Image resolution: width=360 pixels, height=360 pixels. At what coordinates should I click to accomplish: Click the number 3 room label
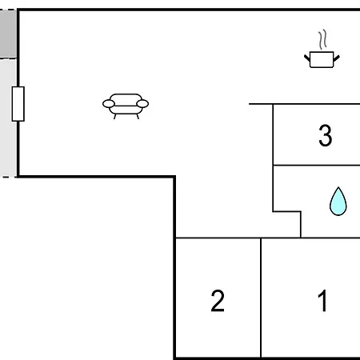coord(326,135)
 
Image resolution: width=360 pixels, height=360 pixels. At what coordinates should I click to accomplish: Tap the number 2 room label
coord(218,301)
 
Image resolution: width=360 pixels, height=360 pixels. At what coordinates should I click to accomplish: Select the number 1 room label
coord(322,301)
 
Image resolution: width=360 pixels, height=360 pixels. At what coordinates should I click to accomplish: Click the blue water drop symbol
coord(338,202)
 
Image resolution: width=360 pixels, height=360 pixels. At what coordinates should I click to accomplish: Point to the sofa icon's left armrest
coord(109,104)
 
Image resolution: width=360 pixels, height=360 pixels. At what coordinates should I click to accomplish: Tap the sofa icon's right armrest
coord(142,104)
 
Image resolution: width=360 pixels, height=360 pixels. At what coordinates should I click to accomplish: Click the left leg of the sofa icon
coord(115,117)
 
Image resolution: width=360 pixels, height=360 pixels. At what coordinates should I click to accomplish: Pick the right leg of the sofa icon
coord(138,117)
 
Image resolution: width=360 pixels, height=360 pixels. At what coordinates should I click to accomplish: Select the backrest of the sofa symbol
coord(126,97)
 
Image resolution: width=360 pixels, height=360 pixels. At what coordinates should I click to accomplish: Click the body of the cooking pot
coord(322,60)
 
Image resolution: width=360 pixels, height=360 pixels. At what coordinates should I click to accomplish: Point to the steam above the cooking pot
coord(322,39)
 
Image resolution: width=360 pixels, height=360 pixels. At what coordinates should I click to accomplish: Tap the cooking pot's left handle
coord(307,58)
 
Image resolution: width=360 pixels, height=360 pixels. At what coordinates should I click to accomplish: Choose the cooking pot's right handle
coord(337,58)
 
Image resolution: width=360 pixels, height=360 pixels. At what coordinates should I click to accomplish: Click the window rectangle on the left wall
coord(18,104)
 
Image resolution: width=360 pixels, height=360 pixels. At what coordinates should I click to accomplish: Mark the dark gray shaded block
coord(8,34)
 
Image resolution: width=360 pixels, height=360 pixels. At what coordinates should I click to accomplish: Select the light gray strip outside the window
coord(8,118)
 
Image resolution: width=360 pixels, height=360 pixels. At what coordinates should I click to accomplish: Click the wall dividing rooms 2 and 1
coord(261,298)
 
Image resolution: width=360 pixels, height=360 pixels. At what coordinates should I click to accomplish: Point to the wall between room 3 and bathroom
coord(317,166)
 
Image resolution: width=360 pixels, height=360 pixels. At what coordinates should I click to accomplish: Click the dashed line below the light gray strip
coord(8,177)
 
